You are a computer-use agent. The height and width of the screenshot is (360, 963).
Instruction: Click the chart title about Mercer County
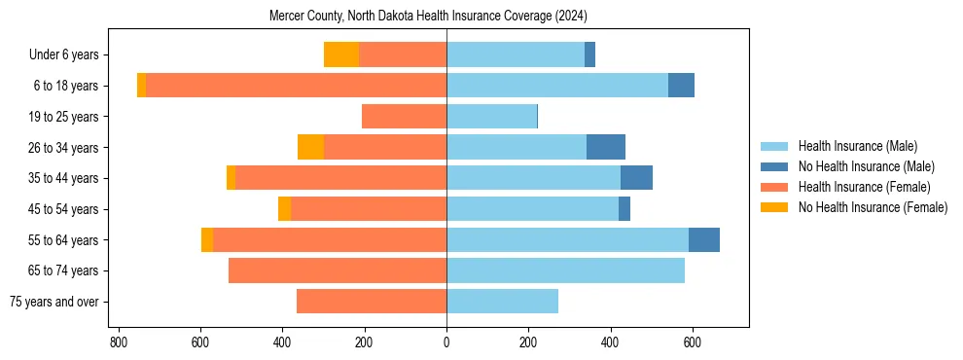tap(428, 16)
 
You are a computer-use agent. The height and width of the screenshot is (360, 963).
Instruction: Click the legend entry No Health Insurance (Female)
tap(873, 207)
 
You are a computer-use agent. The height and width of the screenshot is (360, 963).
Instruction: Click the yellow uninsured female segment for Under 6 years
tap(341, 54)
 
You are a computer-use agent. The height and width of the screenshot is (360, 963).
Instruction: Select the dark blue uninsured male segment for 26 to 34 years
tap(606, 147)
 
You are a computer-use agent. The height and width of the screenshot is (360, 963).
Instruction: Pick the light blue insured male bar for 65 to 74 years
tap(565, 270)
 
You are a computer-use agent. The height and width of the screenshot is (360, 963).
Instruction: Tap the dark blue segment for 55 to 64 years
tap(704, 239)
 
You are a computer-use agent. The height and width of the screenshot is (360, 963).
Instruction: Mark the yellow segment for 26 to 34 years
tap(310, 147)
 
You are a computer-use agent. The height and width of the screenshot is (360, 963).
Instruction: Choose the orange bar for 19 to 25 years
tap(404, 117)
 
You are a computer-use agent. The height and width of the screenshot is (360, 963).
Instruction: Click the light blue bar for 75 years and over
tap(502, 302)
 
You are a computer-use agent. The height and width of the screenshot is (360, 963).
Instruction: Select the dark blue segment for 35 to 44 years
tap(636, 178)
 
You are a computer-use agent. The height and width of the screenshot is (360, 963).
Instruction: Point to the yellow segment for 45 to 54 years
tap(284, 209)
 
